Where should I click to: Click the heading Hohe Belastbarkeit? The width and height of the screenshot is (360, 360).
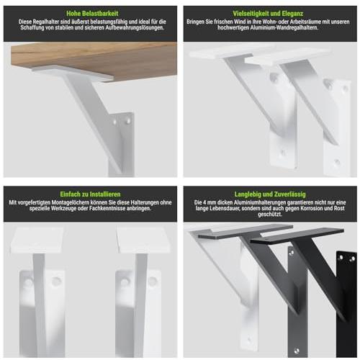click(92, 14)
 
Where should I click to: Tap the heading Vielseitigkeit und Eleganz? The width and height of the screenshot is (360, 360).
click(268, 14)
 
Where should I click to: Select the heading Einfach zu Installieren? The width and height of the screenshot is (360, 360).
click(90, 194)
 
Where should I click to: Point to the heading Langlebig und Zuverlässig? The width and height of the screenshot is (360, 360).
click(270, 194)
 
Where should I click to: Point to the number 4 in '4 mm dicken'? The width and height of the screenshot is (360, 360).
click(205, 202)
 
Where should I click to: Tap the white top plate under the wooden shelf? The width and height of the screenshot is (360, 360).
click(72, 73)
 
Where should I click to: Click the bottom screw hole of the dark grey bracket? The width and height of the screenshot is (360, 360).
click(297, 351)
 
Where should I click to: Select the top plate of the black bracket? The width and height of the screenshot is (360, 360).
click(297, 235)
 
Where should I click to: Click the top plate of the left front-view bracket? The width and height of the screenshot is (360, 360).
click(37, 240)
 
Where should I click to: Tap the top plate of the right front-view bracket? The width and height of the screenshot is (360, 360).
click(143, 240)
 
